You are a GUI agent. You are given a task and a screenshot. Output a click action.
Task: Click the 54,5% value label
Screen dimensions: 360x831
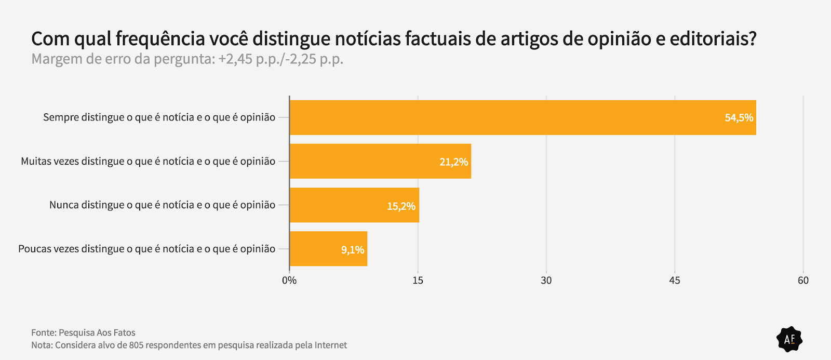[x=739, y=118]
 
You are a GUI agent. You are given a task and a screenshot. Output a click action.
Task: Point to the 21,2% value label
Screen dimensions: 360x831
[x=453, y=162]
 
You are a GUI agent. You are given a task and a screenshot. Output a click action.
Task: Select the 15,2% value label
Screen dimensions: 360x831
[x=401, y=206]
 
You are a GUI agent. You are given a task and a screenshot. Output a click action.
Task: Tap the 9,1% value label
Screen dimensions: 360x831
[x=352, y=250]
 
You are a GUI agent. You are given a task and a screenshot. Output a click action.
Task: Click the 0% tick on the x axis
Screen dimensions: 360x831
[x=289, y=281]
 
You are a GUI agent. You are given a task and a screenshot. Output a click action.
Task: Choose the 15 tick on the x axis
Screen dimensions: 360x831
[x=418, y=281]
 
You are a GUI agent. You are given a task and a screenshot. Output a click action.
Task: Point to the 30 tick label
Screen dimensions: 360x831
[x=546, y=281]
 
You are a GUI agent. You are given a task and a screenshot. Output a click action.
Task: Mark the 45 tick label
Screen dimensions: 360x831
[x=674, y=281]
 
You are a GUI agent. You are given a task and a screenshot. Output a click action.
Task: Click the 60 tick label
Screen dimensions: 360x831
[x=803, y=281]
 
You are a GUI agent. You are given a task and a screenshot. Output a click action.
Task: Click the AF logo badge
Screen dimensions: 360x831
[x=789, y=339]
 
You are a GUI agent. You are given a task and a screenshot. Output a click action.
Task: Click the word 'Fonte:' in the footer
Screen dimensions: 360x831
[x=44, y=333]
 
